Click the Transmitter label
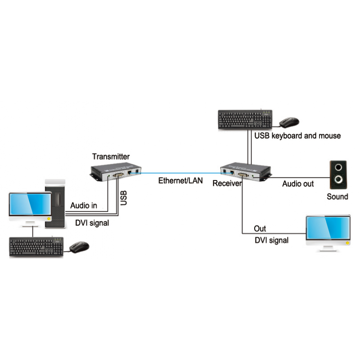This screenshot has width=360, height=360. (111, 157)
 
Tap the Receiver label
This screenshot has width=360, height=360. (227, 183)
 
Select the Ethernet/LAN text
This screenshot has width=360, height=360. (180, 181)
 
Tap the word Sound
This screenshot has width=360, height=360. (337, 197)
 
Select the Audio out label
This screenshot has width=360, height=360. (298, 184)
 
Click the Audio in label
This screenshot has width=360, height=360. (84, 205)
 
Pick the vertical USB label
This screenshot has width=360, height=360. (124, 198)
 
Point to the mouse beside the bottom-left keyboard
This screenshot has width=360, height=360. (79, 247)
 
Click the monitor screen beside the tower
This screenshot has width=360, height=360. (30, 206)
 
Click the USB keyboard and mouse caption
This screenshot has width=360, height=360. (297, 135)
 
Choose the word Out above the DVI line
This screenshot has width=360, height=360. (260, 229)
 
